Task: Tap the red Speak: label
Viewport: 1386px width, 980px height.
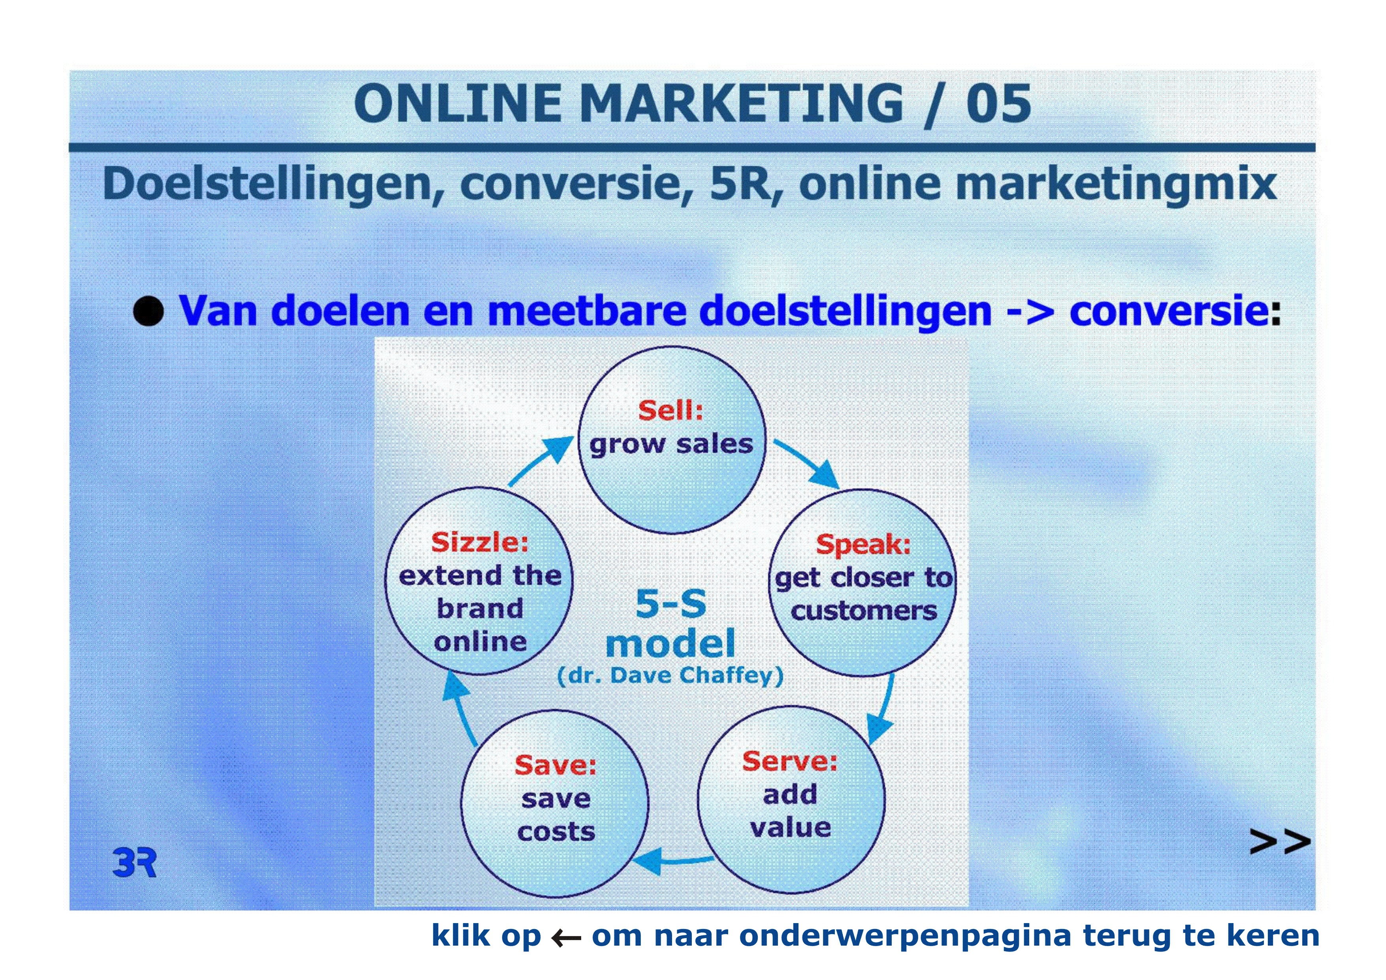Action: point(863,544)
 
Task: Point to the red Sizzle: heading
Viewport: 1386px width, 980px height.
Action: point(480,542)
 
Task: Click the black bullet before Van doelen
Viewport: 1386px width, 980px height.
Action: point(149,311)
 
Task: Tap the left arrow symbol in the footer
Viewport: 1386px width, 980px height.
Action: point(566,938)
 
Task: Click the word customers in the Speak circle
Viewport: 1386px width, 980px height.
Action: point(864,611)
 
